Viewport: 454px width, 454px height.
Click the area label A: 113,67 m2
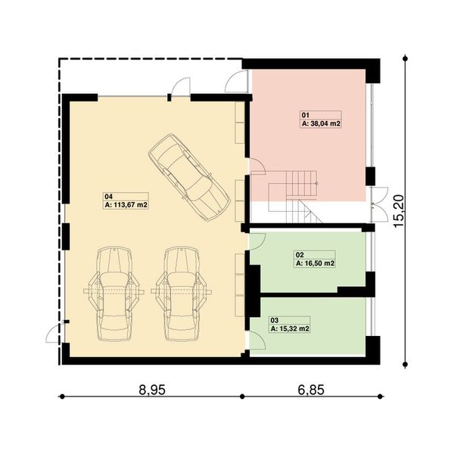tap(125, 204)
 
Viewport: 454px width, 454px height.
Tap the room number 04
tap(107, 197)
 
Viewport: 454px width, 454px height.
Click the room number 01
tap(305, 114)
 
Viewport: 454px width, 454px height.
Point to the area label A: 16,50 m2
tap(315, 263)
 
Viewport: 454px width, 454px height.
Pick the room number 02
tap(299, 256)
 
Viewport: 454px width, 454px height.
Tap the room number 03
tap(274, 322)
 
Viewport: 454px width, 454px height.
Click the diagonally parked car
tap(188, 176)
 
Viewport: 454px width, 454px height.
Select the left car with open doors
tap(113, 291)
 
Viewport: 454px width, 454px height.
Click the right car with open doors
tap(180, 291)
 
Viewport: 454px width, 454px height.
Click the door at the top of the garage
tap(179, 89)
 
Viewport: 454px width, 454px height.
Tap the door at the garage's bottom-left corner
tap(55, 331)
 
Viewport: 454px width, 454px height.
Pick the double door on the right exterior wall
tap(382, 199)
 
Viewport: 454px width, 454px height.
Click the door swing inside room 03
tap(257, 326)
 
